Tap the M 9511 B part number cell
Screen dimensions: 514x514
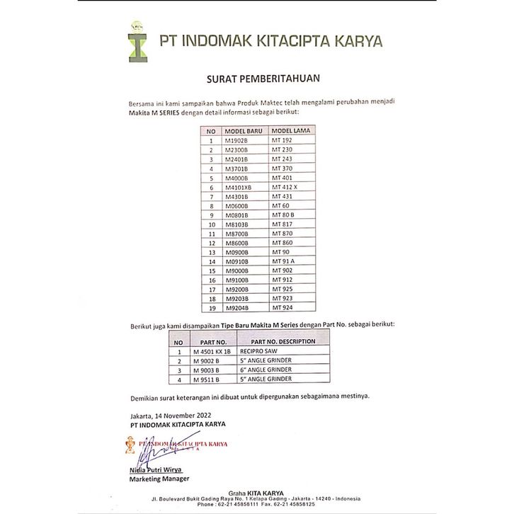[210, 379]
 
